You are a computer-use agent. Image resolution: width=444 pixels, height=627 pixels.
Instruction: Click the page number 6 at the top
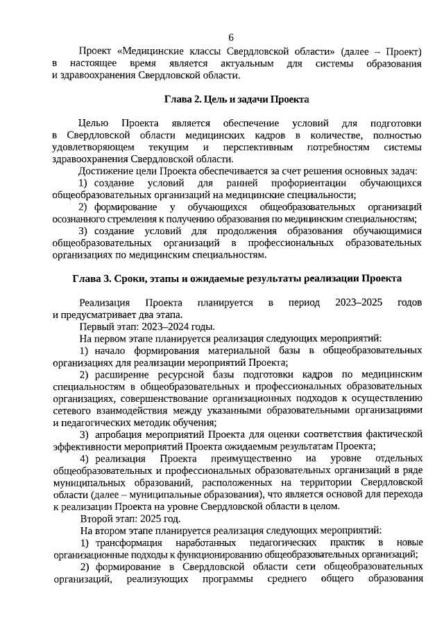click(231, 37)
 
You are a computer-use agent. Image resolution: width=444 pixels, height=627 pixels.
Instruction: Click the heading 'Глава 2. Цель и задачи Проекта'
click(237, 99)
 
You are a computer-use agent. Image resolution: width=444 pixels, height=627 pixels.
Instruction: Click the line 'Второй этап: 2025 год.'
click(130, 518)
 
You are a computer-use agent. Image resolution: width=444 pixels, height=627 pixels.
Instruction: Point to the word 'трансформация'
click(128, 542)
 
